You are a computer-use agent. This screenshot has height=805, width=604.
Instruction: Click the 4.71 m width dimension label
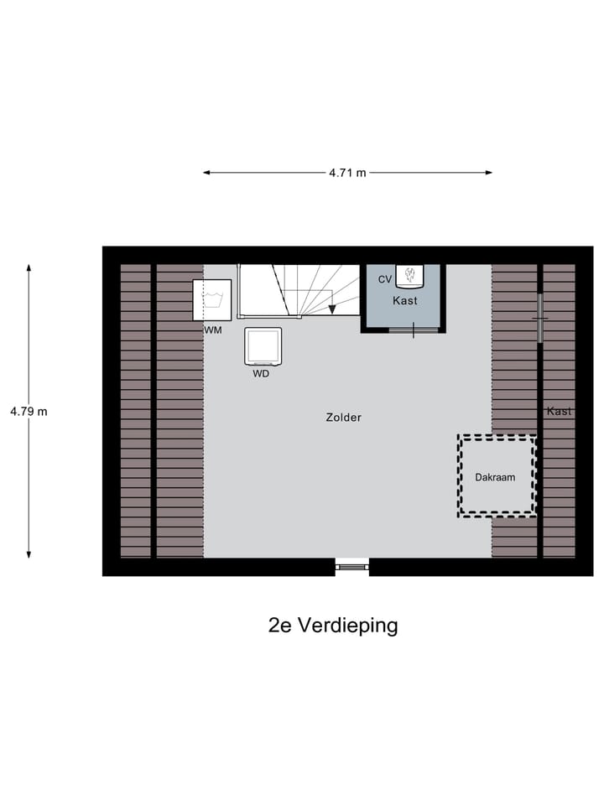347,173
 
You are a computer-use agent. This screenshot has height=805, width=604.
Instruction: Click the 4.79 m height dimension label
29,412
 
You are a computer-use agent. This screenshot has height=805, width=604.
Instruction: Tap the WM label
213,330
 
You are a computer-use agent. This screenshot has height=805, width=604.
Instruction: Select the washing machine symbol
212,300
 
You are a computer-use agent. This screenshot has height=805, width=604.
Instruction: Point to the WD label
261,374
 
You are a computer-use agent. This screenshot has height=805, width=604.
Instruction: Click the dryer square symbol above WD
263,345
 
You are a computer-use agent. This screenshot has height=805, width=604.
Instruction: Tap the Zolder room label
344,417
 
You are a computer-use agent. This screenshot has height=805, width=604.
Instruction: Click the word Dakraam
495,476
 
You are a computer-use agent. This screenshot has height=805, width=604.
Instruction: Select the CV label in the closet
385,278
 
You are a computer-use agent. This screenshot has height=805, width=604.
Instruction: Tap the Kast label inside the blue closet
405,300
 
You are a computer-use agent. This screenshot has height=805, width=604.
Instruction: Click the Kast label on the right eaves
559,411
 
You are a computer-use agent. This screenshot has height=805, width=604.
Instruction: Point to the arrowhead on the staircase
332,309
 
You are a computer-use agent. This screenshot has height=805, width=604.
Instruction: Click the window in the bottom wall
352,567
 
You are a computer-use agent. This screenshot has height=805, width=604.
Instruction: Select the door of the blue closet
414,330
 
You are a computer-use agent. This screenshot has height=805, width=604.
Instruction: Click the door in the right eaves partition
540,318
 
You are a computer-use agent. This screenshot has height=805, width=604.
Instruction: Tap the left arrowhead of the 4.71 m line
206,173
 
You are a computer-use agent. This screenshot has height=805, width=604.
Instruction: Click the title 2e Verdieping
333,626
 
